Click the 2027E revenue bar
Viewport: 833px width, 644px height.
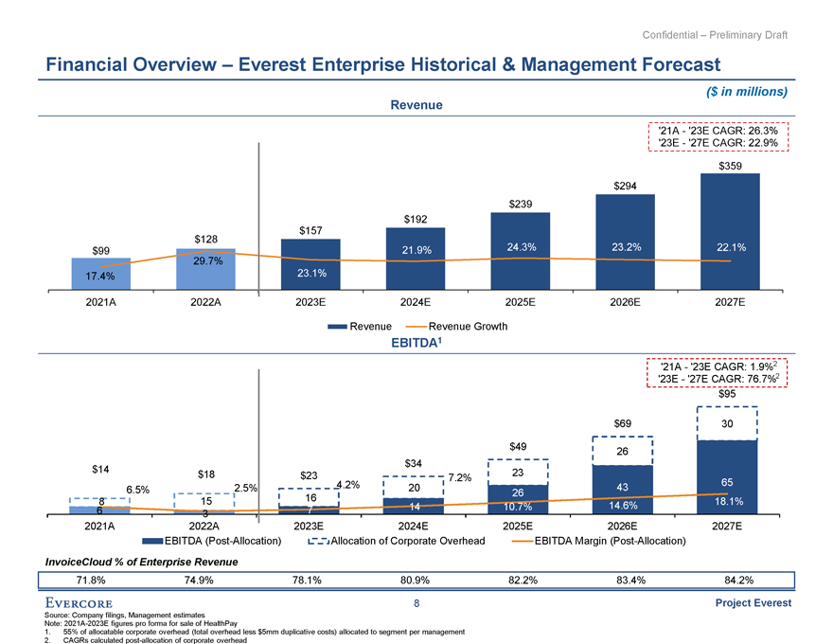[730, 232]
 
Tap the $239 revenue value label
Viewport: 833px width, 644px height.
[521, 204]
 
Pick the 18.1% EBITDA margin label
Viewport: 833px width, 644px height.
[728, 502]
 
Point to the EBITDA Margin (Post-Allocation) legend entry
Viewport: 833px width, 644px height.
[596, 541]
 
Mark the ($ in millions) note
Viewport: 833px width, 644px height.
[748, 92]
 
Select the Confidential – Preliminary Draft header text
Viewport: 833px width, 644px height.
[715, 35]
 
